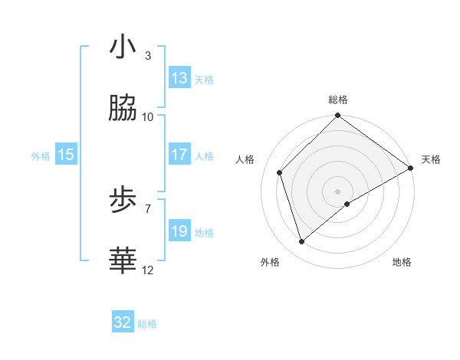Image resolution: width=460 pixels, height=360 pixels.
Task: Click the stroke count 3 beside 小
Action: [148, 56]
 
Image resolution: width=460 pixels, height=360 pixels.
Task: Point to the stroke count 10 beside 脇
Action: [148, 116]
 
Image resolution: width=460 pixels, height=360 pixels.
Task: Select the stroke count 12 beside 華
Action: [148, 270]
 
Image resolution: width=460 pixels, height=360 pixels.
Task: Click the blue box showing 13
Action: [179, 78]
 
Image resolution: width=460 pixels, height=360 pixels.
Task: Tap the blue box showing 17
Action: [179, 155]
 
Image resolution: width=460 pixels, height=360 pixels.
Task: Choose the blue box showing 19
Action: [179, 231]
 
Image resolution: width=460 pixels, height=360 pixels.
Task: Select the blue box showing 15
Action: [66, 155]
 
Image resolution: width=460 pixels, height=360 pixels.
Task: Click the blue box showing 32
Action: [123, 322]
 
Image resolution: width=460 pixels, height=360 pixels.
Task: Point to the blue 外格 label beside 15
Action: [41, 155]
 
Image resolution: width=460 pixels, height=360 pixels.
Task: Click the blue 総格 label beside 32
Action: [147, 324]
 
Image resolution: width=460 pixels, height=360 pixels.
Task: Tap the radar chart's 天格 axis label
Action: [431, 159]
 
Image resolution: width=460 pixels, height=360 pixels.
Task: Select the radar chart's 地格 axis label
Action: [402, 262]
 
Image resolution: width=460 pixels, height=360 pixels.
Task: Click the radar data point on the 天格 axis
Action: [411, 168]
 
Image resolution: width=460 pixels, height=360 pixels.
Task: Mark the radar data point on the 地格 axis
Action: [348, 204]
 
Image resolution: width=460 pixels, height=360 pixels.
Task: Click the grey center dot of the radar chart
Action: [337, 191]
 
